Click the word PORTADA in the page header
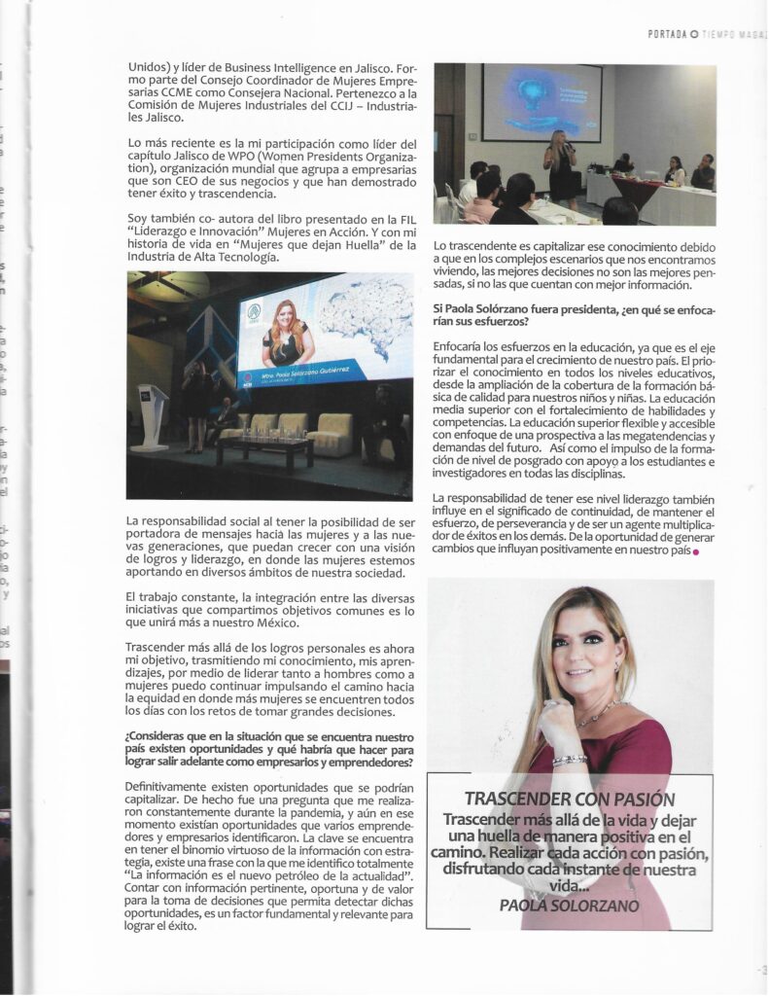coord(667,34)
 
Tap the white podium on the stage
coord(151,418)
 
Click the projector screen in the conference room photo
coord(545,102)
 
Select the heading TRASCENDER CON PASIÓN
coord(569,800)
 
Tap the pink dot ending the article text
coord(696,552)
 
